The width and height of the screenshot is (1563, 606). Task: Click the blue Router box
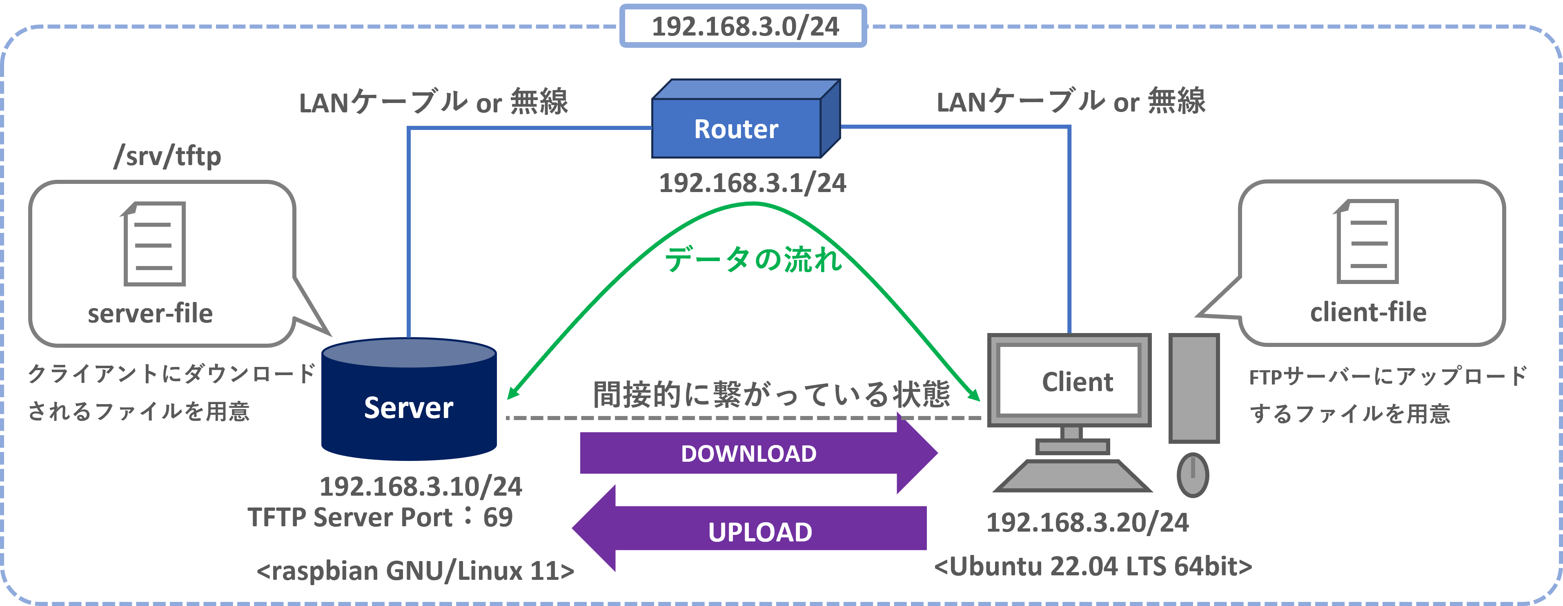tap(746, 119)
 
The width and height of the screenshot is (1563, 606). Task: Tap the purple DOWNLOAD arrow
tap(759, 453)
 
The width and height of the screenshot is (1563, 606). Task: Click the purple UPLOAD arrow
tap(749, 528)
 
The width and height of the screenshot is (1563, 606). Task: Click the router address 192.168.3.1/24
tap(753, 183)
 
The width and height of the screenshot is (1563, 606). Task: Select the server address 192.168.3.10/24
tap(421, 486)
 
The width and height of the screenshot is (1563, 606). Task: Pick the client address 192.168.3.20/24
tap(1087, 522)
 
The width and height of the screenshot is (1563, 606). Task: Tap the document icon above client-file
tap(1367, 242)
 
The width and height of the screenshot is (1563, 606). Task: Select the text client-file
tap(1368, 312)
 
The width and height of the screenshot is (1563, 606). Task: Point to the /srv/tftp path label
tap(167, 156)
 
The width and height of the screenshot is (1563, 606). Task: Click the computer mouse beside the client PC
tap(1193, 475)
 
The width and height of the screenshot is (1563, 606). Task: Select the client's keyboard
tap(1073, 476)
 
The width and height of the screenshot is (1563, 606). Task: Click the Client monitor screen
tap(1069, 380)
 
